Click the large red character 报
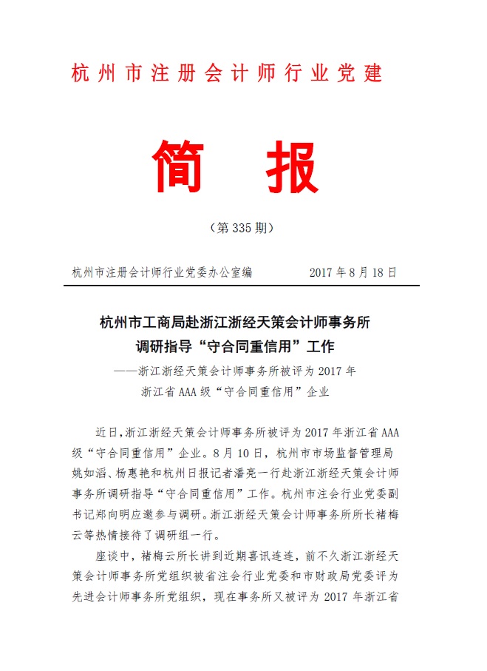(x=290, y=164)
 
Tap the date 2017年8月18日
(x=353, y=272)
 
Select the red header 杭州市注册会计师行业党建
(x=228, y=74)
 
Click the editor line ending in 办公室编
(x=162, y=272)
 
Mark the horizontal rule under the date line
(x=244, y=286)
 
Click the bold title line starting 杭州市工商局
(x=245, y=323)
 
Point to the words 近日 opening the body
(x=106, y=431)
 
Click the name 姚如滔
(x=89, y=472)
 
